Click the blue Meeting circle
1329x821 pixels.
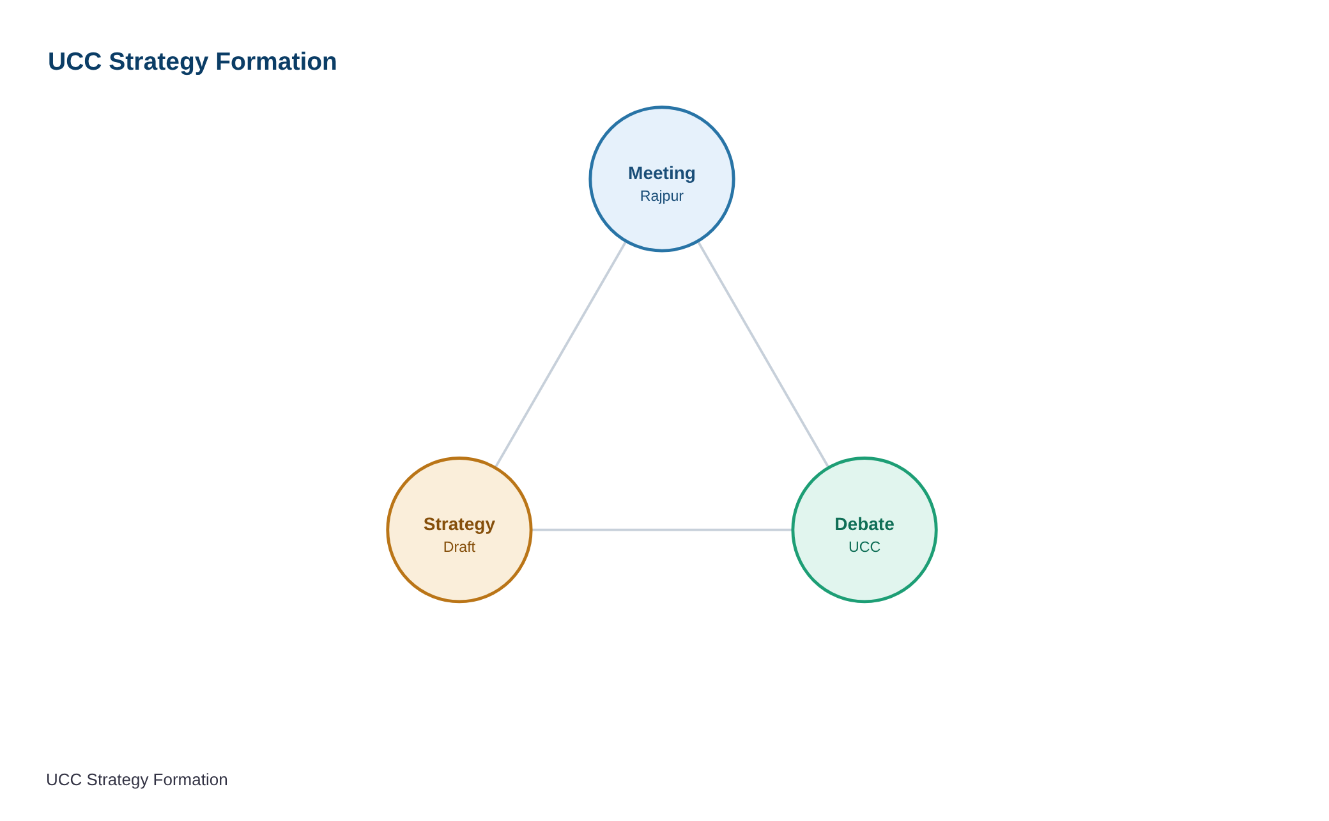(662, 179)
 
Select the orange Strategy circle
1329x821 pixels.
(459, 530)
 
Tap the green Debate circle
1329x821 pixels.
(864, 530)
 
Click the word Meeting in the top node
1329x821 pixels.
(662, 173)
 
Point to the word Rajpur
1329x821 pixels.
(662, 196)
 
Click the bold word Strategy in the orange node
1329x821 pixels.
(459, 524)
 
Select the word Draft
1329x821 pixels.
(459, 547)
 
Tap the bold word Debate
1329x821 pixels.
(864, 524)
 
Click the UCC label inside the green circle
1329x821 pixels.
(864, 547)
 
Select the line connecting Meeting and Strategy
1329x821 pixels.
(560, 355)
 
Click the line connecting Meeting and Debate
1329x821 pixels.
(764, 355)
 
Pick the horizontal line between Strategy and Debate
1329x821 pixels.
(662, 530)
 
